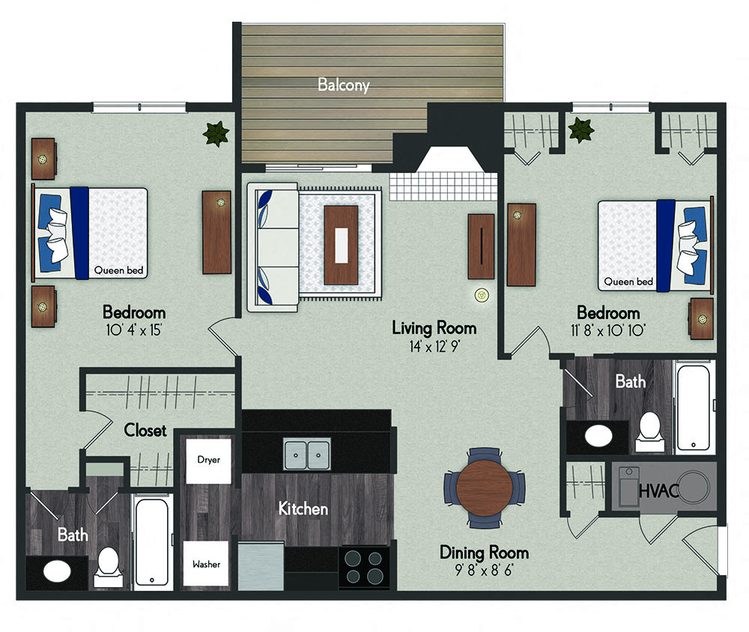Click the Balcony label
click(344, 85)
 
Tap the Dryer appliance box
click(208, 461)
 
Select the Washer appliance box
click(206, 563)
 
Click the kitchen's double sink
click(306, 455)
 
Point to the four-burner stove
click(363, 567)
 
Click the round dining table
click(485, 487)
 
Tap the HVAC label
click(658, 490)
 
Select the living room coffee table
click(341, 246)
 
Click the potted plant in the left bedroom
click(216, 133)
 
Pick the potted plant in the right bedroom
click(581, 130)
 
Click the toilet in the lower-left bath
click(108, 567)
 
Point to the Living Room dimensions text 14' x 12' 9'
click(434, 347)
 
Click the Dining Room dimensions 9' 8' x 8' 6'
click(484, 570)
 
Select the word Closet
click(145, 431)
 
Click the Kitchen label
click(303, 508)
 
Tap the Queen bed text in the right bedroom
click(628, 282)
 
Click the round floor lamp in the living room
click(482, 295)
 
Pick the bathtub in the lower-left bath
click(151, 542)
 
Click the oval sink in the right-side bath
click(598, 436)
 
